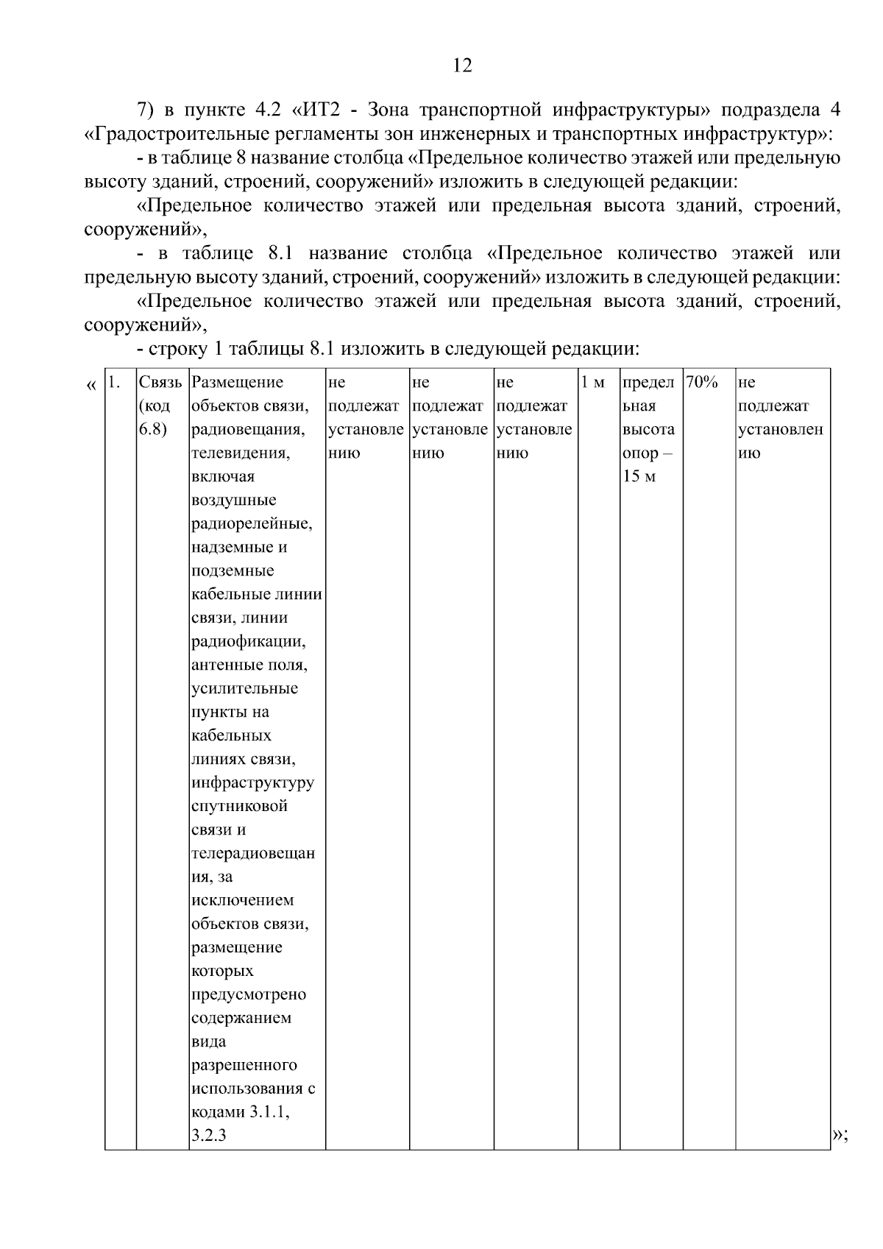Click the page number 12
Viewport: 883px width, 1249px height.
(x=462, y=66)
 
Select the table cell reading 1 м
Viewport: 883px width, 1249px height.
(x=593, y=383)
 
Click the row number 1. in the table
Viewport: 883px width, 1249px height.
(x=114, y=383)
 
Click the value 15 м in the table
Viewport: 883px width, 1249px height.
(x=639, y=477)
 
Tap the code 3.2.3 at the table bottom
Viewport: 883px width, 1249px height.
(x=208, y=1136)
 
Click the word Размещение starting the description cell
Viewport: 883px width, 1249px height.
(x=237, y=383)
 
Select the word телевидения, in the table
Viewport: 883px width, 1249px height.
(x=240, y=453)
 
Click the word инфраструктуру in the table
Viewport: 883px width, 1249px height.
(x=252, y=782)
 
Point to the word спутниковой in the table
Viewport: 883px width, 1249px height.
(x=239, y=806)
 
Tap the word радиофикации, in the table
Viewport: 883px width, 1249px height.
(x=248, y=642)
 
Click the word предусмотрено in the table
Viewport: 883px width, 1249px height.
(x=248, y=994)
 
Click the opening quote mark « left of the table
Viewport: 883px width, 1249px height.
(x=91, y=385)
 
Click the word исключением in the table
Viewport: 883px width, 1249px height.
(x=241, y=900)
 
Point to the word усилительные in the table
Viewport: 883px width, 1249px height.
(x=244, y=689)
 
